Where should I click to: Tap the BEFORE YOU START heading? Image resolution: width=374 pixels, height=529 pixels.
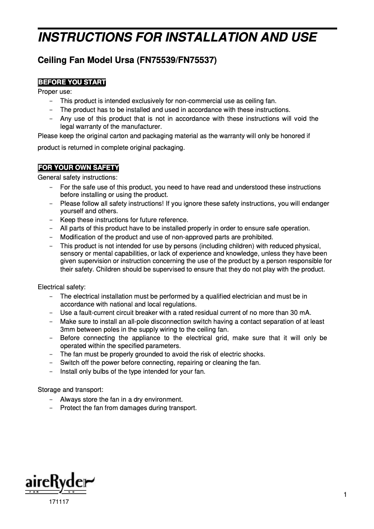click(x=72, y=83)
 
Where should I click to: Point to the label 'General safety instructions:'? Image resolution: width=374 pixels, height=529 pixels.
click(x=77, y=177)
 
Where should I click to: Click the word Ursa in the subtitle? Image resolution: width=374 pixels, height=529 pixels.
click(x=123, y=61)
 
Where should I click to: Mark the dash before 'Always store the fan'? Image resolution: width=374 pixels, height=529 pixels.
click(x=50, y=399)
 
